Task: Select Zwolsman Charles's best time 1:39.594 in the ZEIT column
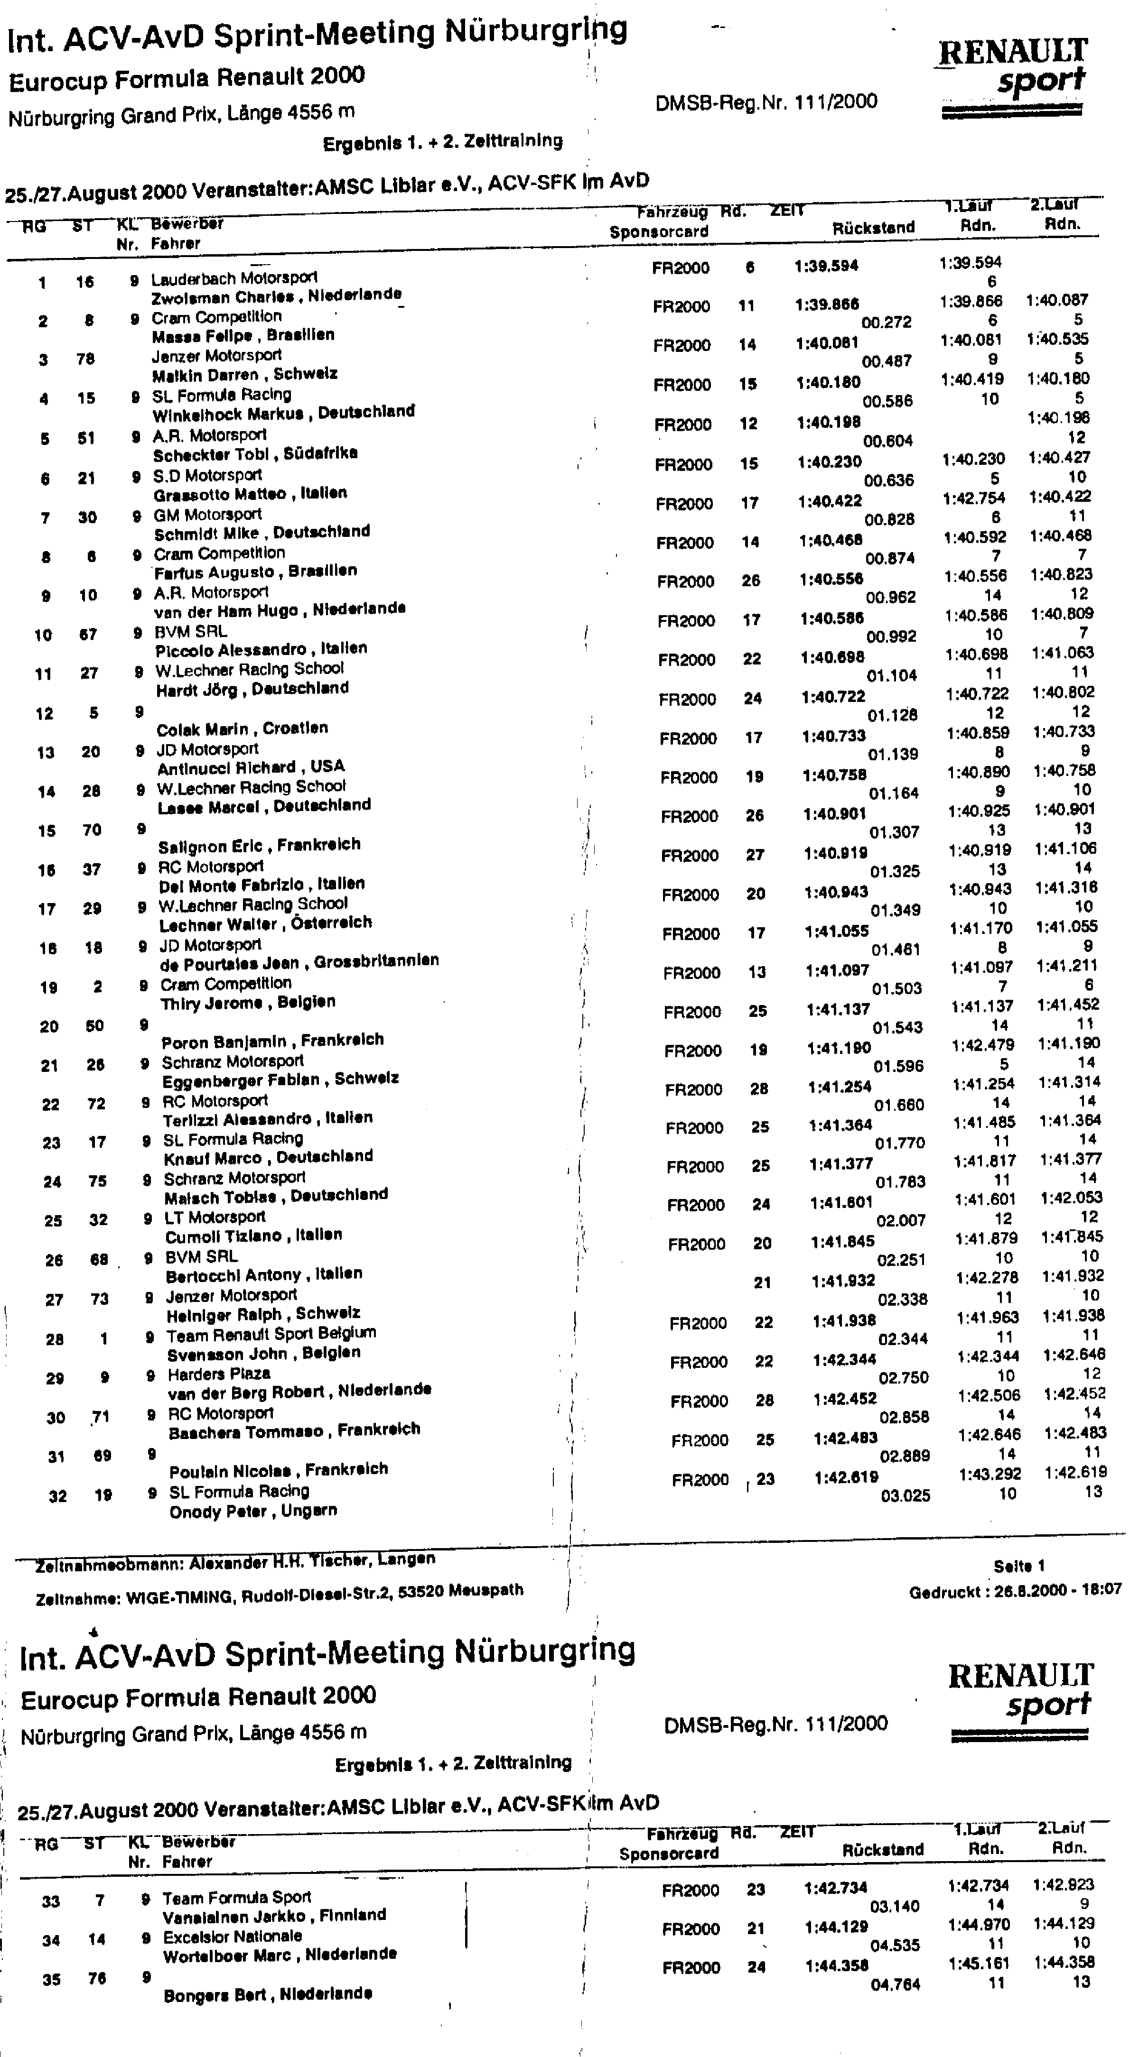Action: [x=826, y=266]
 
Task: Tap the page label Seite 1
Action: [x=1018, y=1566]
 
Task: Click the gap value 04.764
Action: [x=896, y=1984]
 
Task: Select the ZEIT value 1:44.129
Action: [x=836, y=1927]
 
